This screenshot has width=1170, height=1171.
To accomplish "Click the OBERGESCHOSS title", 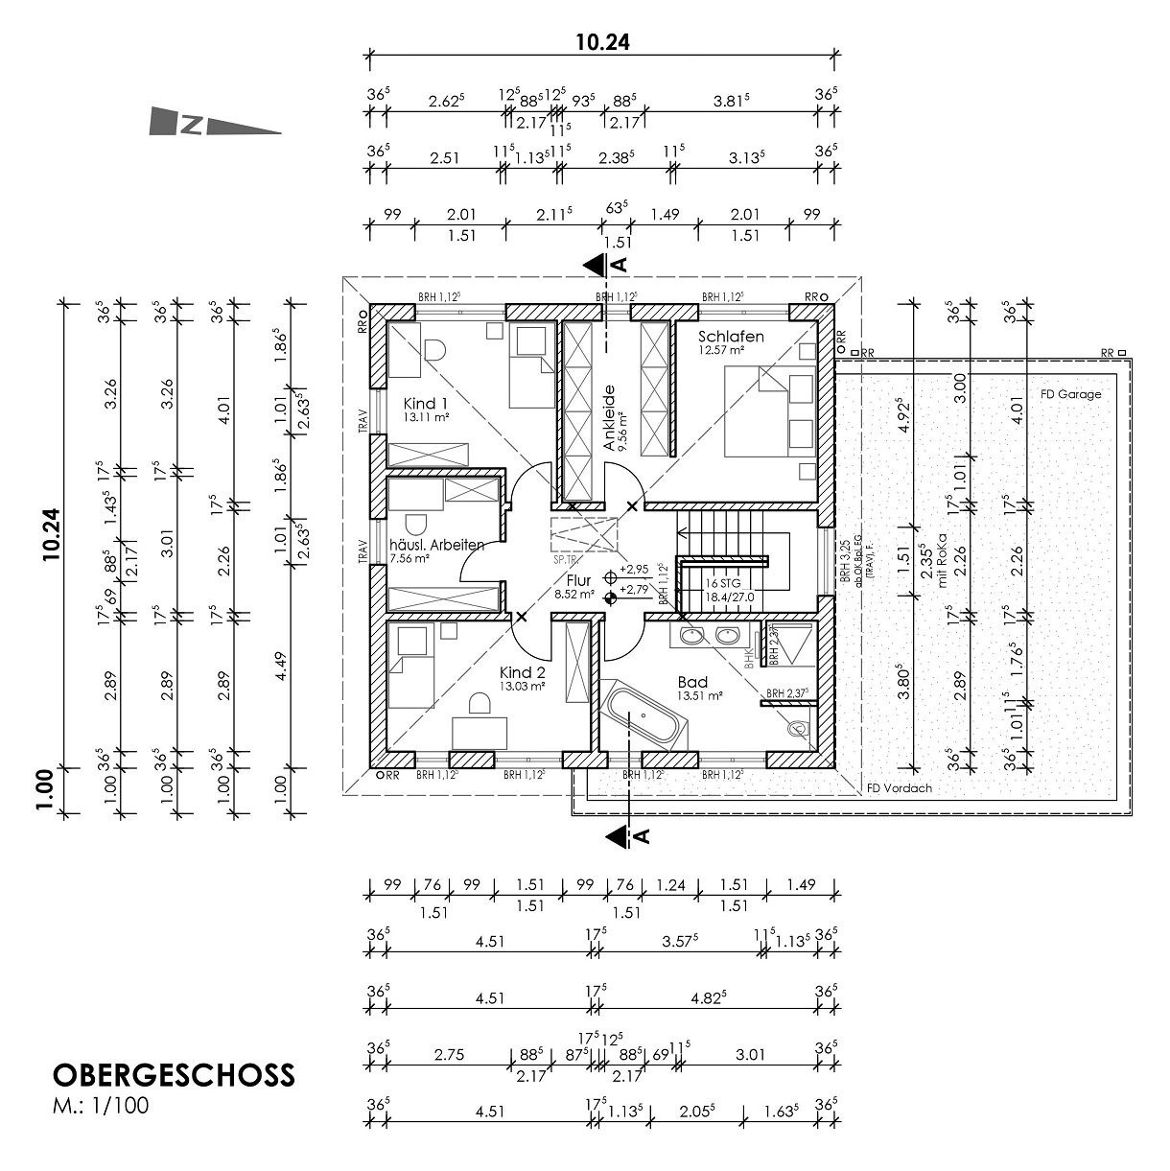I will [x=173, y=1074].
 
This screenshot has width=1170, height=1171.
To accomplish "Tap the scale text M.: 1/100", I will [x=101, y=1105].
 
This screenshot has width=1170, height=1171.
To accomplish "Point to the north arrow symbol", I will [x=215, y=124].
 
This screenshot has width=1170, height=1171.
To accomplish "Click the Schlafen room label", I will [x=731, y=337].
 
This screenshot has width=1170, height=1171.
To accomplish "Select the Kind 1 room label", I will [x=426, y=403].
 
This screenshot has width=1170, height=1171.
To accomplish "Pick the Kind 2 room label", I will [x=522, y=672].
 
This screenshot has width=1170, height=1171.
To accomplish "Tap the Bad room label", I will [x=691, y=682].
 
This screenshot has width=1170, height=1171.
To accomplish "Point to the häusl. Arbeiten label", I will [x=436, y=545].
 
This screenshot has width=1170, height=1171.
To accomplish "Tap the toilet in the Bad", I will [x=795, y=729].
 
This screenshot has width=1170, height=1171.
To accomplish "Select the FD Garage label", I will [x=1070, y=394].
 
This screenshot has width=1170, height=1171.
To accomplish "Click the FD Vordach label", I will [x=899, y=788].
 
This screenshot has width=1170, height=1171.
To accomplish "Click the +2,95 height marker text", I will [x=635, y=568].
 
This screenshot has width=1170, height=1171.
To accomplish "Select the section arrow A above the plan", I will [x=604, y=263].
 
